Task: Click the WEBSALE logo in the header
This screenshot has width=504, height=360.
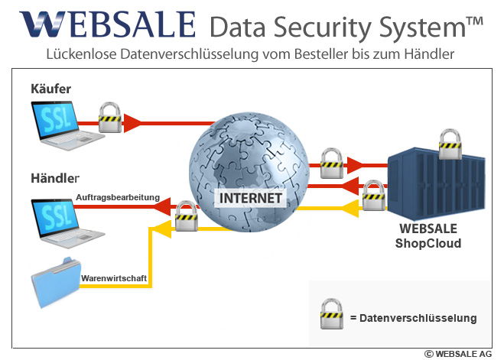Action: [107, 24]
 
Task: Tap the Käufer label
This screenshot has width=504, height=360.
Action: [50, 89]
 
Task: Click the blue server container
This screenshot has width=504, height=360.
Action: [433, 184]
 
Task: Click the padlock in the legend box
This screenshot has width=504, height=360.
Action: [331, 316]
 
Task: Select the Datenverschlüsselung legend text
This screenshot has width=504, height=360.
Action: [413, 317]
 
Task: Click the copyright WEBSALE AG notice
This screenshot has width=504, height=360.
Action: [458, 354]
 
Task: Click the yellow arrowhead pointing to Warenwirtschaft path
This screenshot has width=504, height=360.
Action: [159, 227]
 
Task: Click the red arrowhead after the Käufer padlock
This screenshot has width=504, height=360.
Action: [134, 121]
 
